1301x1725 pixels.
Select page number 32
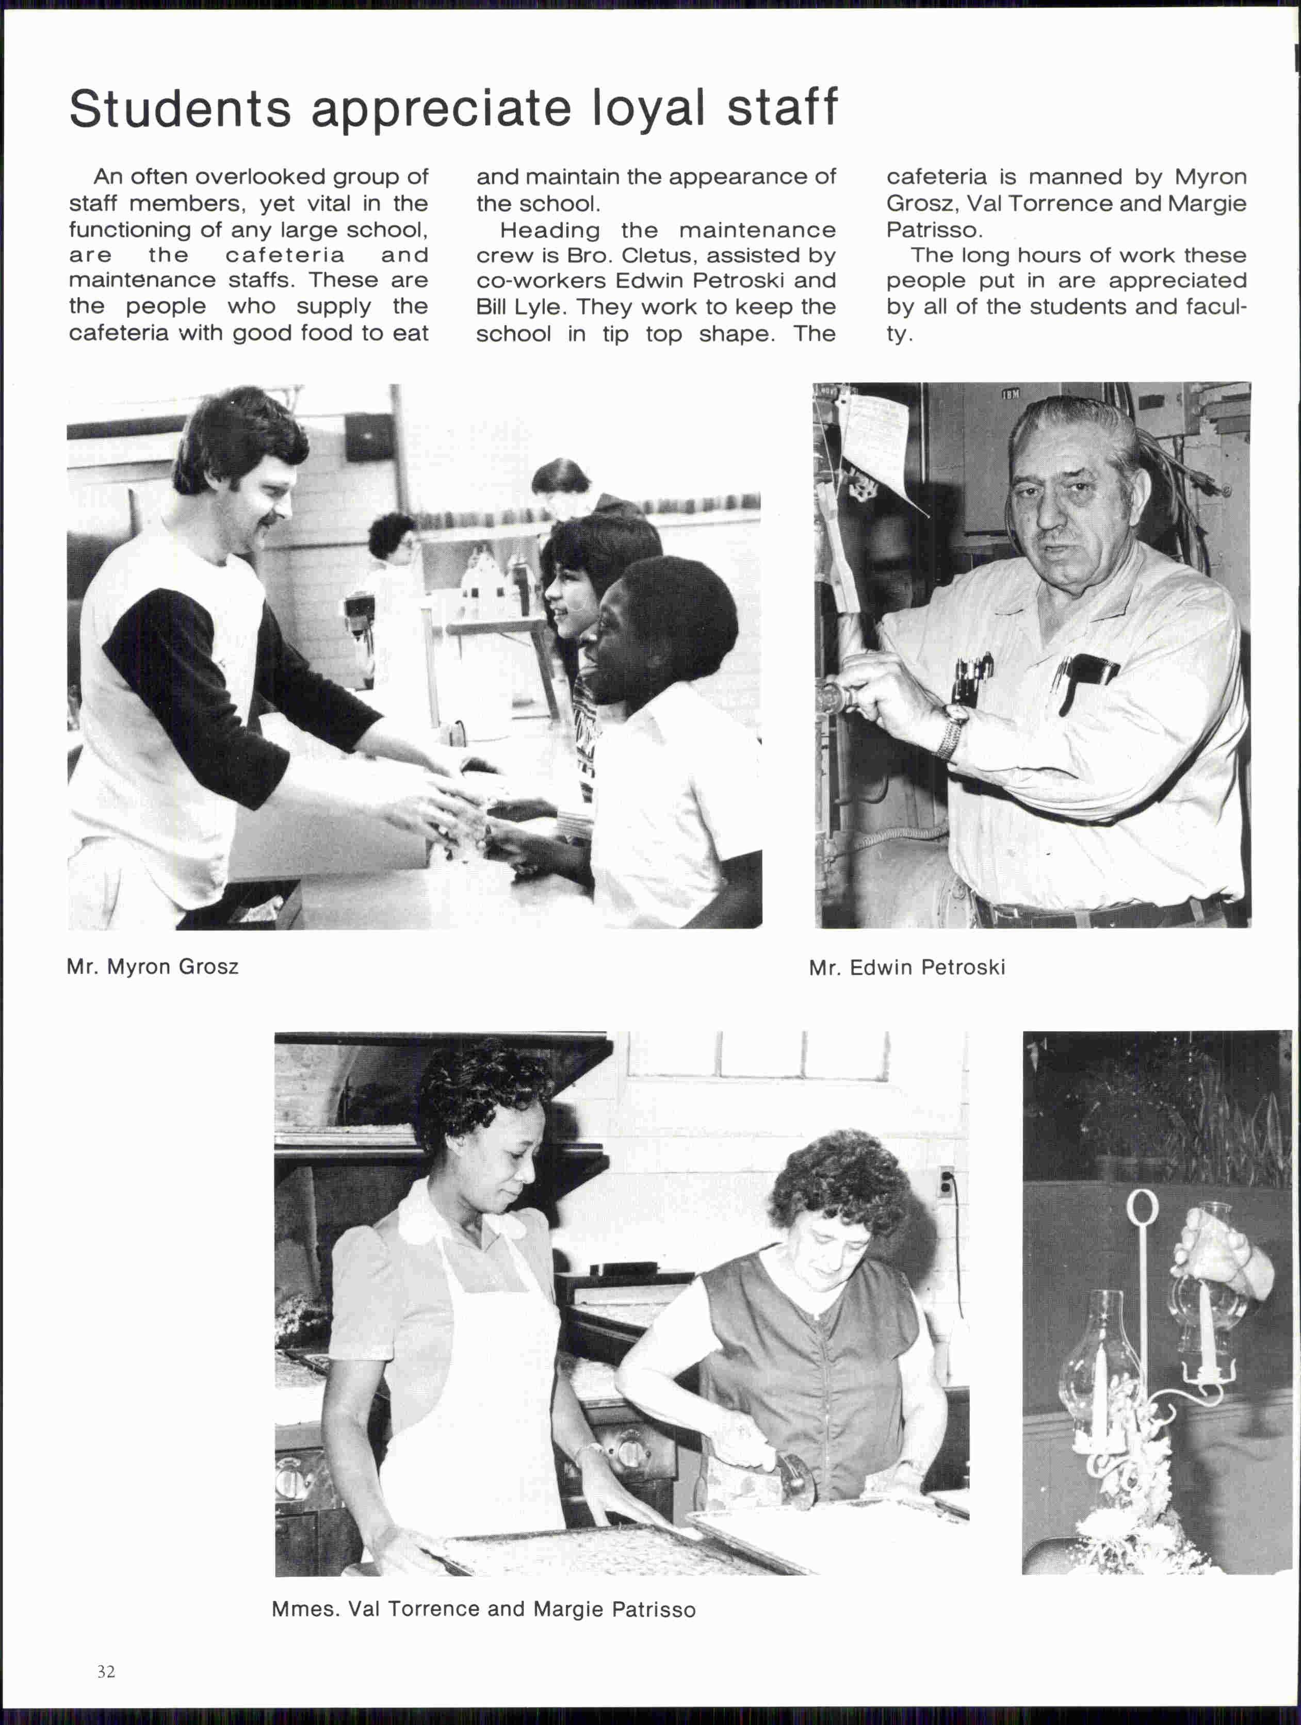click(106, 1670)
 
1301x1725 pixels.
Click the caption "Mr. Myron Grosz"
click(153, 967)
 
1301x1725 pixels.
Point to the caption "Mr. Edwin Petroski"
click(907, 968)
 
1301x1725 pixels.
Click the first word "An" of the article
click(108, 177)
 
